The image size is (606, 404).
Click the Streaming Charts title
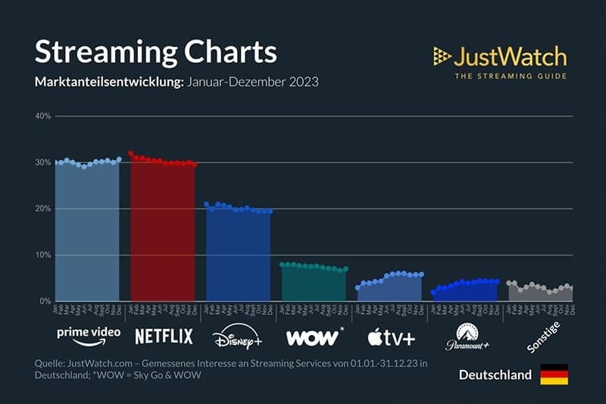[x=155, y=52]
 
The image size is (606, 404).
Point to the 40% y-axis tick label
[x=42, y=116]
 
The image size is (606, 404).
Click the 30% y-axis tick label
[x=42, y=162]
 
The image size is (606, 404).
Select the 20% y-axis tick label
[x=42, y=208]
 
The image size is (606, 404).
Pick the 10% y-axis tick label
[x=42, y=255]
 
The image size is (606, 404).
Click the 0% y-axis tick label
[x=44, y=301]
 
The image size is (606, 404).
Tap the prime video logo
[x=88, y=334]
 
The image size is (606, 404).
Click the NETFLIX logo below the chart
[x=164, y=336]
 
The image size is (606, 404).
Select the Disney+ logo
[x=237, y=335]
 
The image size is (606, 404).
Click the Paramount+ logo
[x=463, y=337]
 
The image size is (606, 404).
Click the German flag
[x=554, y=374]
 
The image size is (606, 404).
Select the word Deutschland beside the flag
[x=495, y=375]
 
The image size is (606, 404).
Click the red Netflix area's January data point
[x=131, y=153]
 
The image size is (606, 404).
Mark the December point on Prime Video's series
[x=119, y=159]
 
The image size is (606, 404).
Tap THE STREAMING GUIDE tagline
[x=510, y=76]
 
